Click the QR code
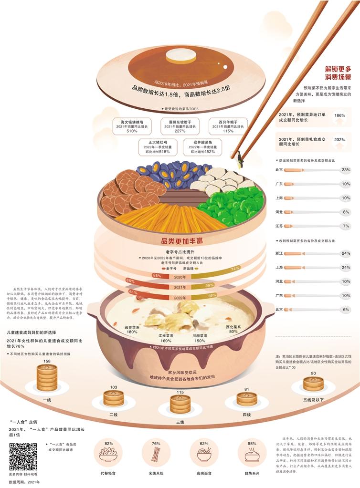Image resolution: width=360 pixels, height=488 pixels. (23, 457)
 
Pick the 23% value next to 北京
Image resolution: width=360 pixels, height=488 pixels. (346, 170)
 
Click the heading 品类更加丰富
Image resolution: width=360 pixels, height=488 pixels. (180, 242)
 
